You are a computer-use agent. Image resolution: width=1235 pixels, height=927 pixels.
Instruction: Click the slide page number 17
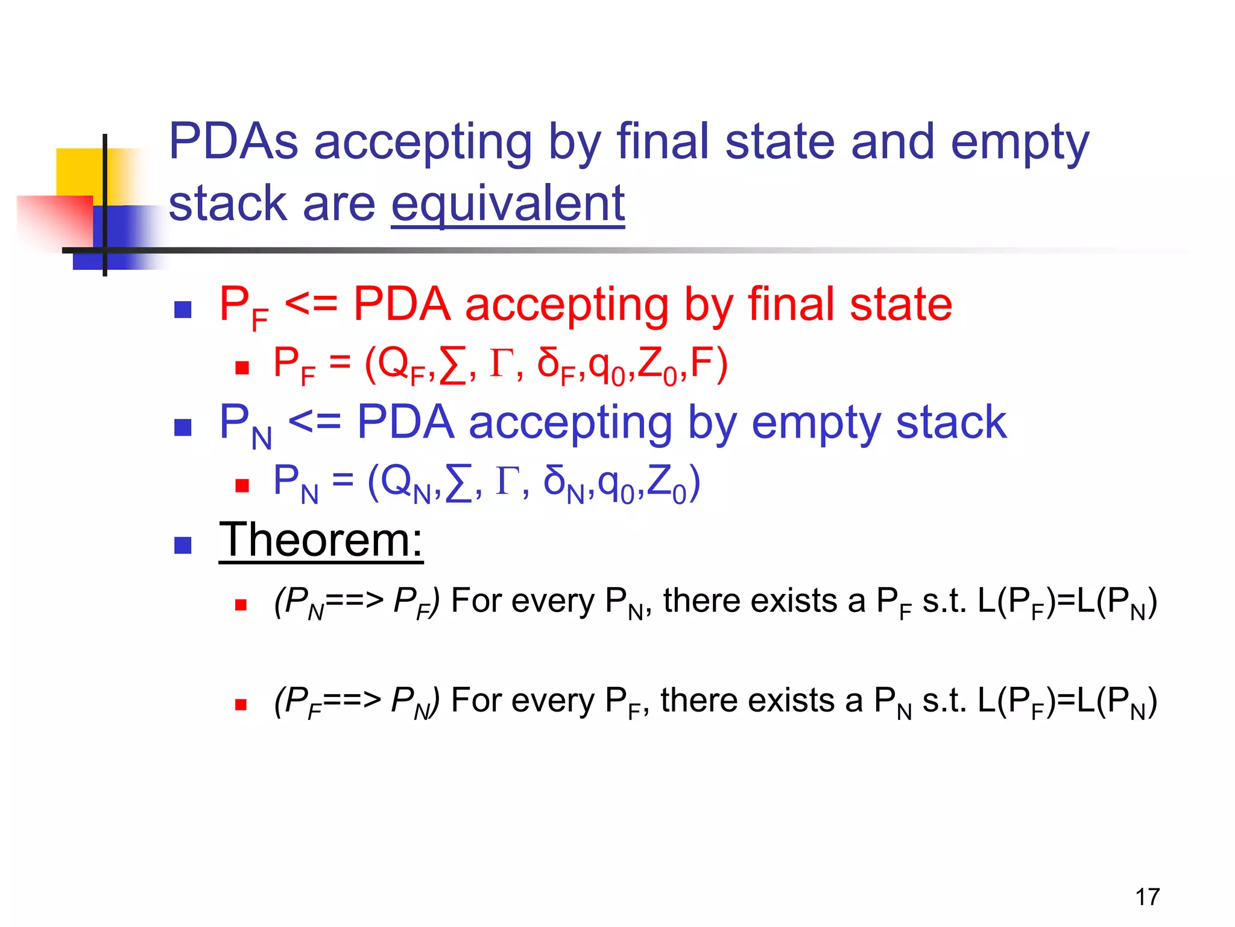pyautogui.click(x=1147, y=897)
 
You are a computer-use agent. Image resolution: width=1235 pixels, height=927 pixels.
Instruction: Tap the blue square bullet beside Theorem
pyautogui.click(x=183, y=546)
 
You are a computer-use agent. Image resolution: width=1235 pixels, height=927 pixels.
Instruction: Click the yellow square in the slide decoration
pyautogui.click(x=78, y=172)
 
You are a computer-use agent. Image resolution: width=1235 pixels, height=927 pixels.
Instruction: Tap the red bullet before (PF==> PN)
pyautogui.click(x=241, y=704)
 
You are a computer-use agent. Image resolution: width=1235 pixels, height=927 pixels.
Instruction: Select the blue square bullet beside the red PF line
pyautogui.click(x=183, y=310)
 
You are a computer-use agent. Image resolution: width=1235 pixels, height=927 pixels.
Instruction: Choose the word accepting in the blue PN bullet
pyautogui.click(x=570, y=423)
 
